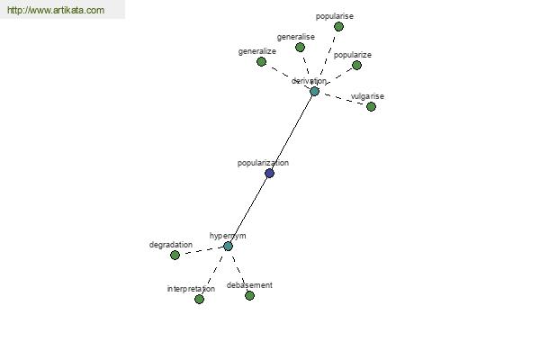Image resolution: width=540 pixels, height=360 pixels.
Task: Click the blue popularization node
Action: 270,173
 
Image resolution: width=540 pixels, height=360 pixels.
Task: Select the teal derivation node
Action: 314,91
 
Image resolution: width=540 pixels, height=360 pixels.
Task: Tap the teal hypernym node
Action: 228,246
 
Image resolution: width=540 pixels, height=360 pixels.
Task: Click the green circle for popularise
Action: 339,26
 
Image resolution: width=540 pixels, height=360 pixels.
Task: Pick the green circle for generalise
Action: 300,47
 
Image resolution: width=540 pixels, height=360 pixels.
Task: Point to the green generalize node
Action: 261,62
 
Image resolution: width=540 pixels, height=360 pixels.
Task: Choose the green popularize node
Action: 356,65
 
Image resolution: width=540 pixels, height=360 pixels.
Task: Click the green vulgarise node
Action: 371,107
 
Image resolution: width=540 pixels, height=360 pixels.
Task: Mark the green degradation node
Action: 175,255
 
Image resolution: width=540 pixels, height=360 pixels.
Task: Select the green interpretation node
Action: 199,299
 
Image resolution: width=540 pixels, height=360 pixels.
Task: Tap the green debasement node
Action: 249,295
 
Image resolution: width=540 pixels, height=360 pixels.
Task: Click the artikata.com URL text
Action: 56,10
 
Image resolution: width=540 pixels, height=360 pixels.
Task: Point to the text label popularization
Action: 263,163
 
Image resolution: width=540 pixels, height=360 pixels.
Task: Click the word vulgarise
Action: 367,96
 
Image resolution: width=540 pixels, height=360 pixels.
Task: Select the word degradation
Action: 171,245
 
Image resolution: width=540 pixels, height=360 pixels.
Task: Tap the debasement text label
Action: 249,285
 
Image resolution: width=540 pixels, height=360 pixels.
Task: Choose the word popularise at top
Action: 335,16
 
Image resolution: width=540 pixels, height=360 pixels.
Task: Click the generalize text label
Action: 257,51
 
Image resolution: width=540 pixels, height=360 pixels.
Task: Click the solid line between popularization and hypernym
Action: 248,210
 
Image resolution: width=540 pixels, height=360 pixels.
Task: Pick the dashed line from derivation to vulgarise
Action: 343,99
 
